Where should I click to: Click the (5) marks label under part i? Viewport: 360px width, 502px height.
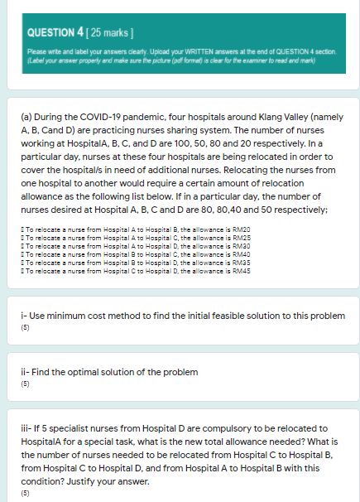[24, 328]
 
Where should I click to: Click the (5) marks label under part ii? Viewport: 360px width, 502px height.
[24, 385]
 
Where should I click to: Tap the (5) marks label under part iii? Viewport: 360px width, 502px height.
[24, 491]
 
